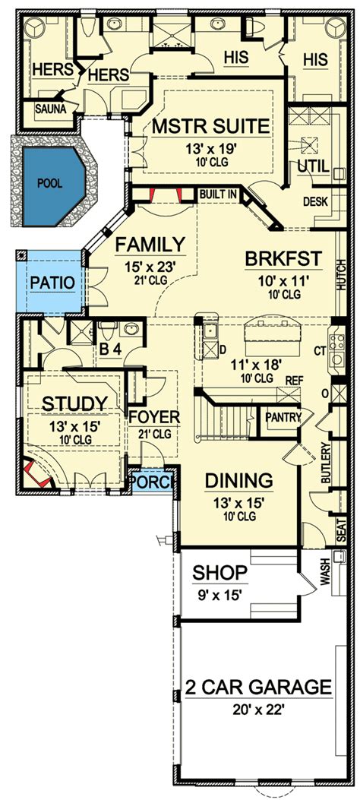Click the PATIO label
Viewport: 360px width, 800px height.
pos(52,283)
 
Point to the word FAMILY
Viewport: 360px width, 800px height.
pos(150,245)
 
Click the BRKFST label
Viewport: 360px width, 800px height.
pos(284,259)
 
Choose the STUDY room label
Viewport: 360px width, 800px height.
pos(75,403)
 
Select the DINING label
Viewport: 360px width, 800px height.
pos(238,481)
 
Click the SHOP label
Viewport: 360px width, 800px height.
pos(220,574)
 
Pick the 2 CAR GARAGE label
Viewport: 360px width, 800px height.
pos(258,687)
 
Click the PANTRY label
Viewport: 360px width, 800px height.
pos(283,417)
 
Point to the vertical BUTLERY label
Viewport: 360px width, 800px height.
pos(327,462)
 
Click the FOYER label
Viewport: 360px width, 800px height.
pos(154,417)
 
